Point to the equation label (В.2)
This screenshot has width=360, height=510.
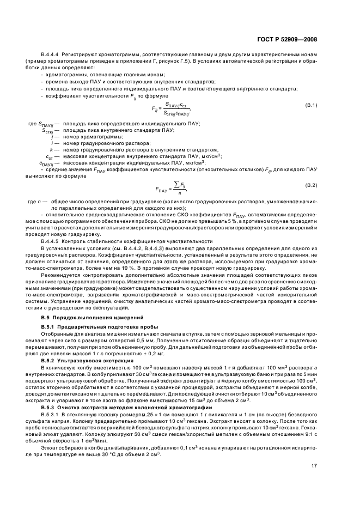311,185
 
